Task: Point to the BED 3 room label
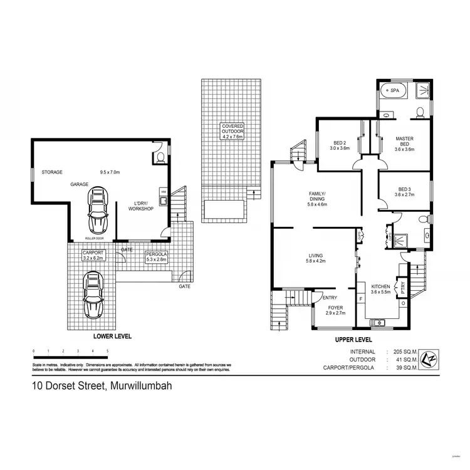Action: pos(404,191)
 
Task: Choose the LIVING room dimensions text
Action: pos(317,261)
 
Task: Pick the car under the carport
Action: pos(92,294)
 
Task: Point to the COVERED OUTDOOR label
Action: pos(232,130)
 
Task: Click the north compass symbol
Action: pos(429,360)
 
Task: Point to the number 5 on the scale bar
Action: pos(108,350)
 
